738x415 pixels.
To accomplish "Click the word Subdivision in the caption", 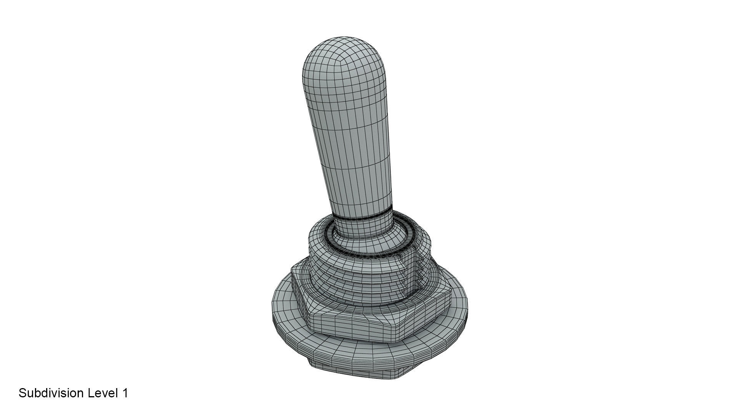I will click(51, 393).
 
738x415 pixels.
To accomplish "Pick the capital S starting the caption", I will click(22, 393).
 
